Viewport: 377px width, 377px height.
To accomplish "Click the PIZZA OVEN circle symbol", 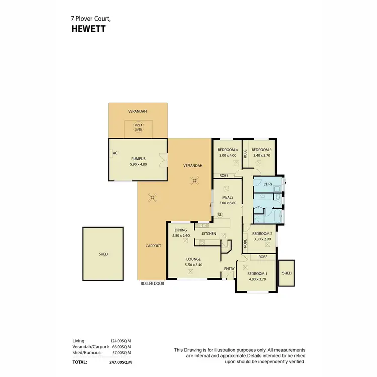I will (138, 128).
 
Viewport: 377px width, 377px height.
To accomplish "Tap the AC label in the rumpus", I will (115, 153).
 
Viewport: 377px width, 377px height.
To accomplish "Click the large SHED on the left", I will (103, 254).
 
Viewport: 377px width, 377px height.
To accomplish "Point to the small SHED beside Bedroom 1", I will (287, 273).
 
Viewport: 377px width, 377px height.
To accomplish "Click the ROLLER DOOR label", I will (152, 284).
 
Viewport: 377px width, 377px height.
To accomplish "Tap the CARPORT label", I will (153, 246).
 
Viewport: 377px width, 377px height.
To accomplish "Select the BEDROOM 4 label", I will (227, 150).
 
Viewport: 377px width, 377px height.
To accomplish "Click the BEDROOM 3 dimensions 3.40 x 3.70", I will (261, 155).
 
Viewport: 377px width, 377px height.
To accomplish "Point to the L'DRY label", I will (268, 184).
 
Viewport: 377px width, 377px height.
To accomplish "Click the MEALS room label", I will (227, 197).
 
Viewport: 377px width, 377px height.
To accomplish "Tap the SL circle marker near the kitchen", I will (220, 215).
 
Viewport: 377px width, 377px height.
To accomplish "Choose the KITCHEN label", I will (209, 234).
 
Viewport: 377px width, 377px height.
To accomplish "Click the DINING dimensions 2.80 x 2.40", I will (180, 235).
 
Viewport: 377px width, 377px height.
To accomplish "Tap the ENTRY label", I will (230, 269).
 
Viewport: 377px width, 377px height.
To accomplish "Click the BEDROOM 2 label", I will (262, 234).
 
